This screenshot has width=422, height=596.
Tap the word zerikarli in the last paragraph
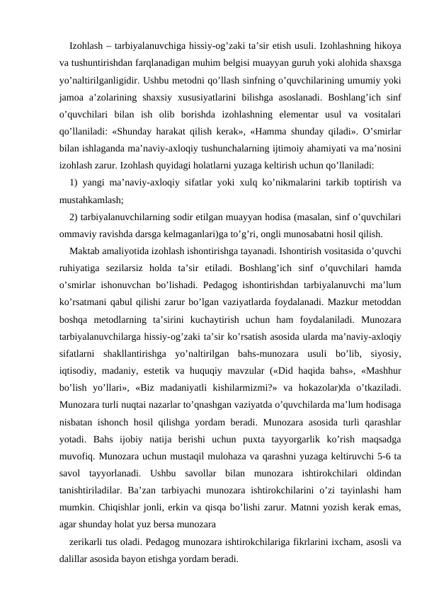click(x=89, y=542)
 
